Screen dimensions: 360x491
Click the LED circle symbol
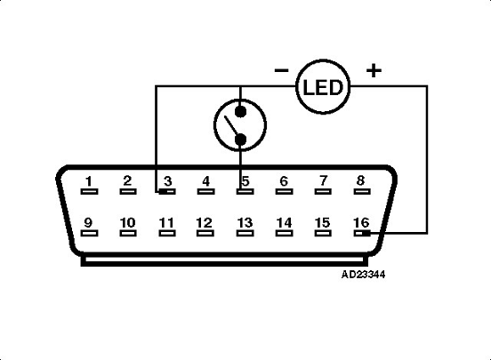[x=323, y=86]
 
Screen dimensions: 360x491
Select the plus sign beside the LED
[x=374, y=70]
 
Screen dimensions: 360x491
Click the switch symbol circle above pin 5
[x=241, y=124]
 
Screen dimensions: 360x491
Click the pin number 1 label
[x=89, y=181]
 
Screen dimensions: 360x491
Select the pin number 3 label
[x=166, y=181]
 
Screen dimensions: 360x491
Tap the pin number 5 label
[x=244, y=181]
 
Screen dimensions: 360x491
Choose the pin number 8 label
[x=360, y=181]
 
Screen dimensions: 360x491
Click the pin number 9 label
[x=89, y=222]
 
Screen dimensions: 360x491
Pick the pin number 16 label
[x=360, y=222]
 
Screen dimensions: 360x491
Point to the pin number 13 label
[x=244, y=222]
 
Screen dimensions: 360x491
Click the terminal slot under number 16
[x=360, y=234]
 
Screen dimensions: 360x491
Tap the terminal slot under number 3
[x=166, y=190]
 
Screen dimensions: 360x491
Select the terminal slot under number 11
[x=166, y=234]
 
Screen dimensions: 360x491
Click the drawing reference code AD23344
[x=363, y=274]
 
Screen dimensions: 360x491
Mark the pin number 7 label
[x=322, y=181]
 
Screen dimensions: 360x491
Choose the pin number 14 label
[x=283, y=222]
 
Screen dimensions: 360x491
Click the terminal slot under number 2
[x=127, y=190]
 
